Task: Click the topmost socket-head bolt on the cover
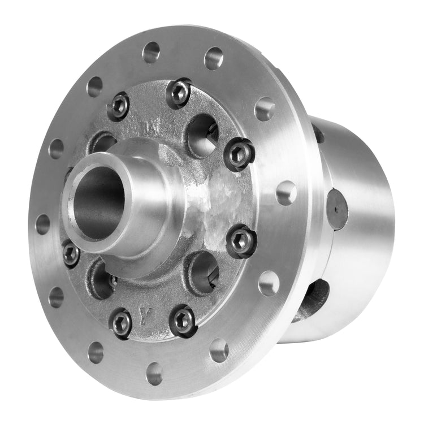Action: click(178, 92)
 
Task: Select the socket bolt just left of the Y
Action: click(121, 323)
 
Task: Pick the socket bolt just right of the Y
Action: click(183, 321)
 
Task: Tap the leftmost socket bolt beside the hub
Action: click(71, 254)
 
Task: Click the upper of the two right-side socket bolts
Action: click(239, 154)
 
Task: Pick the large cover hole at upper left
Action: click(103, 142)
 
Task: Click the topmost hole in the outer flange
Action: click(151, 52)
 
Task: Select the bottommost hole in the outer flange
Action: click(154, 373)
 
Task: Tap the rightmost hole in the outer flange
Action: click(286, 193)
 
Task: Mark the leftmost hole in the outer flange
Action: click(42, 224)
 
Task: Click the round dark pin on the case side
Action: click(338, 209)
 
